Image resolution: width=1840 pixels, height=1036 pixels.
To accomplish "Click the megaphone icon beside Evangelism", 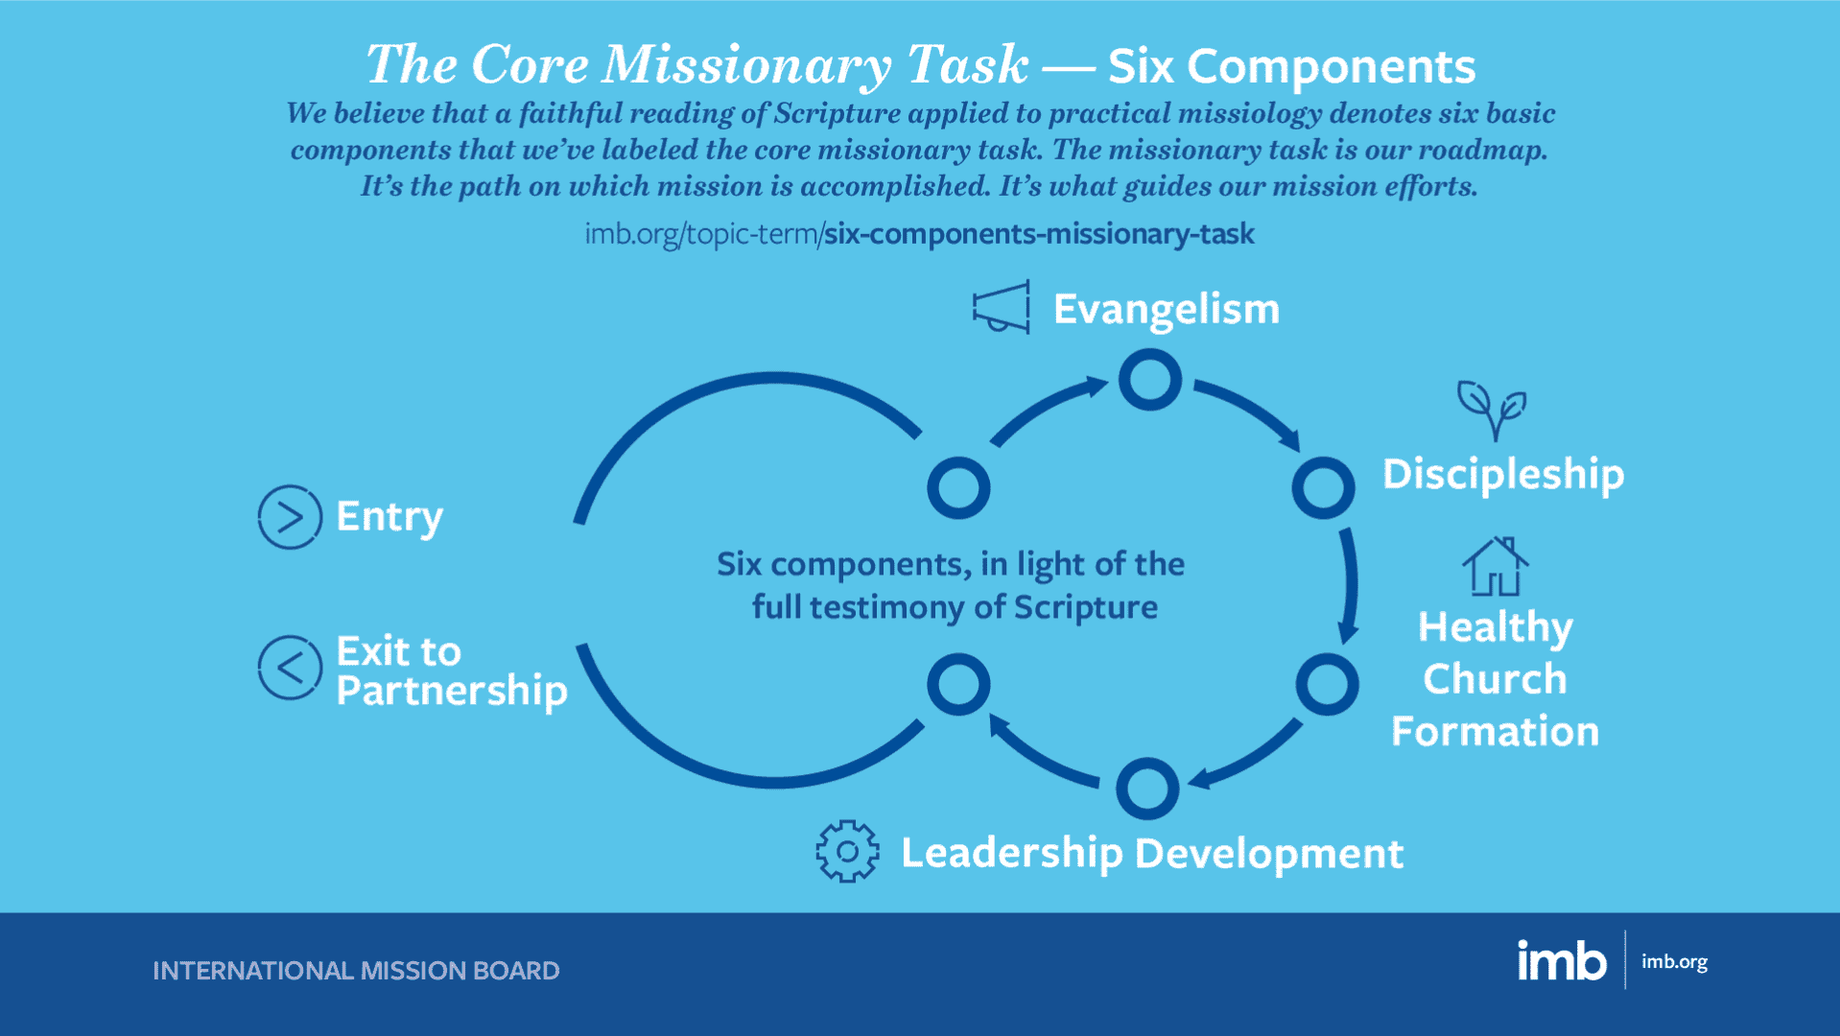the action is (x=1002, y=307).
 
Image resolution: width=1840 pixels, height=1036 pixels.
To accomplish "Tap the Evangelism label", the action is (x=1167, y=310).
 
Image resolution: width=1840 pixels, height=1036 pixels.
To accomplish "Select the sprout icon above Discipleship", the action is (x=1492, y=410).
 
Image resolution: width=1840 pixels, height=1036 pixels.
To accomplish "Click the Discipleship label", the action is (x=1503, y=475).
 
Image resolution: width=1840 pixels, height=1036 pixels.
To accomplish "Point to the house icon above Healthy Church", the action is (x=1495, y=567).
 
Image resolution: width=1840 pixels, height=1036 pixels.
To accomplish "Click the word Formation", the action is (x=1495, y=731).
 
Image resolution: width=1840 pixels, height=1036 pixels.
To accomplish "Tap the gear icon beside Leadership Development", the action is (x=847, y=851).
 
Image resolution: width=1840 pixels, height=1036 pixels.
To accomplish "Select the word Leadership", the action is (x=1011, y=854).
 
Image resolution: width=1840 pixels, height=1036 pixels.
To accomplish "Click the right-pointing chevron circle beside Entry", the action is (x=290, y=517).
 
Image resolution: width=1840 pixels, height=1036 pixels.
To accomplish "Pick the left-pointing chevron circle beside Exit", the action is (x=290, y=667).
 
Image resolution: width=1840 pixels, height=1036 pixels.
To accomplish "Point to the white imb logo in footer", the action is (x=1561, y=960).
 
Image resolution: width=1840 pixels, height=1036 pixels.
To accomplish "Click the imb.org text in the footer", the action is (x=1674, y=961).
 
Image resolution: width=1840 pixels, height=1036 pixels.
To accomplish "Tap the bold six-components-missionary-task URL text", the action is (x=1039, y=234).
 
